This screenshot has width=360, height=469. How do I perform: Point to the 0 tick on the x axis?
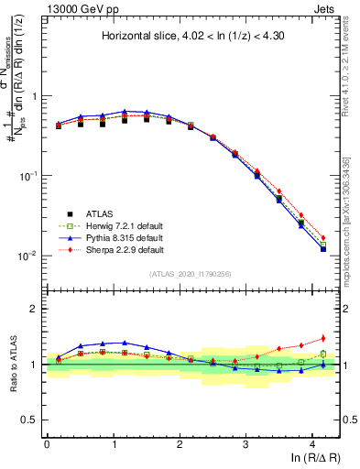pyautogui.click(x=47, y=443)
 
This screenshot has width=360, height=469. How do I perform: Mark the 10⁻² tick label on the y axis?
pyautogui.click(x=27, y=256)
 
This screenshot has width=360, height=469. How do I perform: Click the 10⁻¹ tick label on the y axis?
pyautogui.click(x=27, y=176)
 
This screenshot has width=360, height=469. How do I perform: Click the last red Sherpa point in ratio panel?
pyautogui.click(x=322, y=338)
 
